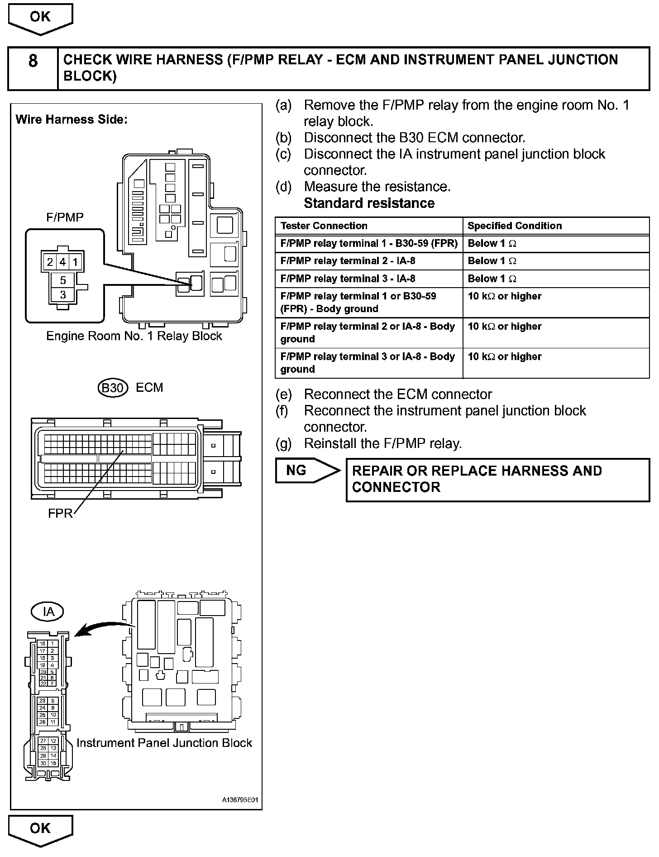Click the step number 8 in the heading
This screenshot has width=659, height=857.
click(33, 61)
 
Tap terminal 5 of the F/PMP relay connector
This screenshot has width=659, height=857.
click(63, 280)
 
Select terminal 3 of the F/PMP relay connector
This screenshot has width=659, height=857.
click(63, 295)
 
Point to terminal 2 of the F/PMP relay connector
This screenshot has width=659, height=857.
click(50, 262)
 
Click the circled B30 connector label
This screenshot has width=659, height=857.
click(112, 388)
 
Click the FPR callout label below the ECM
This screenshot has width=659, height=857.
click(60, 513)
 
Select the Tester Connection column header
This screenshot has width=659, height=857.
click(324, 226)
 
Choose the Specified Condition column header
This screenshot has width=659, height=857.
click(514, 226)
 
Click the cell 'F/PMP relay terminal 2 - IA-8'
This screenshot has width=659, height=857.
click(348, 261)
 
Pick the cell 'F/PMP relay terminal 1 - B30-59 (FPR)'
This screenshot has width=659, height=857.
click(368, 243)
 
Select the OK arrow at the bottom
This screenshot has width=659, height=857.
click(40, 829)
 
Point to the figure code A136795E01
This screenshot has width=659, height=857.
click(239, 800)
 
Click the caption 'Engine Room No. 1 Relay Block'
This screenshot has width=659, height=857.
click(134, 336)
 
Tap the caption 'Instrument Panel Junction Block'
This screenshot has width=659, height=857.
click(164, 743)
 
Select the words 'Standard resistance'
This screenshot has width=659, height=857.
click(369, 203)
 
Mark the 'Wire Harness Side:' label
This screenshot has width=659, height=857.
click(72, 120)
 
